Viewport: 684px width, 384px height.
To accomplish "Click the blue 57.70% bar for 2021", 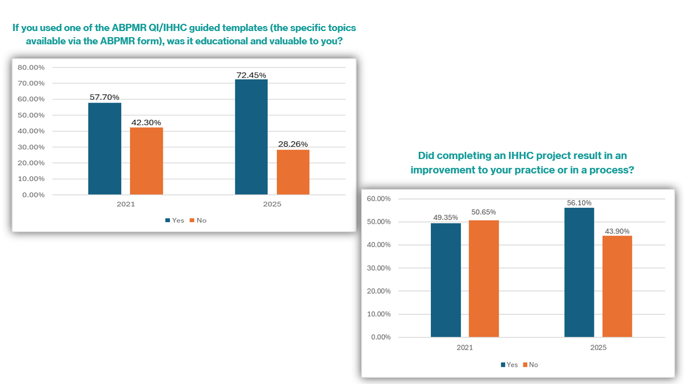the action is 105,149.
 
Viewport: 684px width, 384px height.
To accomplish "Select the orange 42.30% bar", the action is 147,161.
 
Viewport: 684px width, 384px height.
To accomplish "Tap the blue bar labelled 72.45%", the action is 251,137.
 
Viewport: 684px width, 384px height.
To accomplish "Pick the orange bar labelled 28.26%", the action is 293,172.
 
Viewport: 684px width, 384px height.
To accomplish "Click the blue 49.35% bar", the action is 446,280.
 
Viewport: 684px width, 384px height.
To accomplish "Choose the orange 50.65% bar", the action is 484,279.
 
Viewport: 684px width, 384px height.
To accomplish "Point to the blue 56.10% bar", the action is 579,273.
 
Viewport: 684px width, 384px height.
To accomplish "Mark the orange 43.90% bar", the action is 617,286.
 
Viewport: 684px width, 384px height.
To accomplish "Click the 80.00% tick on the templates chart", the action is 31,68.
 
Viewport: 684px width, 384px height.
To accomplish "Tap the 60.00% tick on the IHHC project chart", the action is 379,199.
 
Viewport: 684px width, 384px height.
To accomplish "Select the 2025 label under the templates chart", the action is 272,204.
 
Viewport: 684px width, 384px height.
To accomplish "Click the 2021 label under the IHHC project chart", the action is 465,347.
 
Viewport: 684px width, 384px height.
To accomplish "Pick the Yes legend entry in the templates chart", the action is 174,220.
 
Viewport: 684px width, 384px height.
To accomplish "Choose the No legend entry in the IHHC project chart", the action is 531,365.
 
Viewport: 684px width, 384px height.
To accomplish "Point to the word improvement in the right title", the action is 449,170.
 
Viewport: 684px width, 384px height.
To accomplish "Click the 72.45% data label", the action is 251,75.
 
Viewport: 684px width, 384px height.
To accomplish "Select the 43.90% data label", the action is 617,231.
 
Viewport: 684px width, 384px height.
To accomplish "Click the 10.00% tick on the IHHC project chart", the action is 379,314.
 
